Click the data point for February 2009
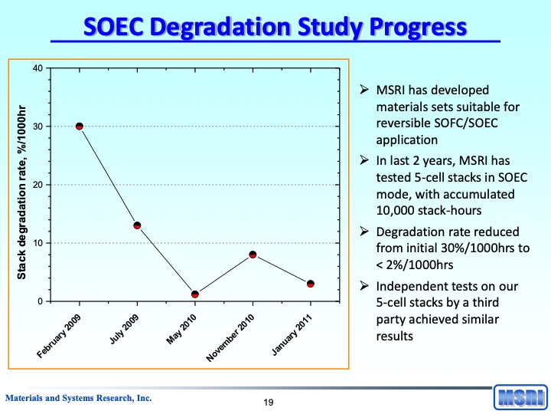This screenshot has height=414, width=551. [79, 127]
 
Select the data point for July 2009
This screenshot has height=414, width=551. [137, 225]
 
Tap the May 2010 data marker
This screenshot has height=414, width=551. [195, 294]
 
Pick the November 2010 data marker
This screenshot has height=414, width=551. [253, 255]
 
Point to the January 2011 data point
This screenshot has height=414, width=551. [310, 284]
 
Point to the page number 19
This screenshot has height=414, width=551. [269, 402]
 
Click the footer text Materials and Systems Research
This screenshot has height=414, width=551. [79, 398]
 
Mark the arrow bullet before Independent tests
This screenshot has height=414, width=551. [365, 286]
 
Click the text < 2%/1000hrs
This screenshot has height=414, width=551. [414, 264]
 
